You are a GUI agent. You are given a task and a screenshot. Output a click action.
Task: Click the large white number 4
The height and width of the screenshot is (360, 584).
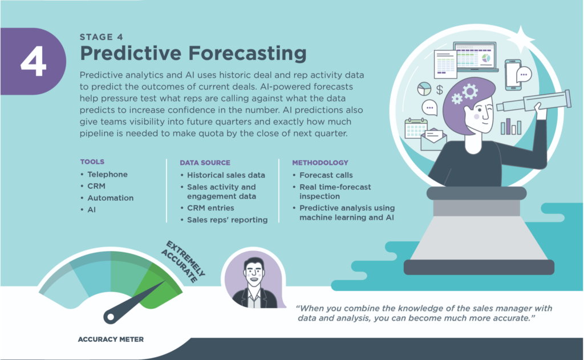(x=33, y=61)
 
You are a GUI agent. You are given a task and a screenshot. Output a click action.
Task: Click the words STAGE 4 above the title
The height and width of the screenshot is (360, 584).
(x=102, y=37)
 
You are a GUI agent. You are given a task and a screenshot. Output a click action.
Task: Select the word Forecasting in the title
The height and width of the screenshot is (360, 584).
(x=248, y=53)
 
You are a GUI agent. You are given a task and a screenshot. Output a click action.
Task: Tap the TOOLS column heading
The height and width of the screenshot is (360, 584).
(x=92, y=161)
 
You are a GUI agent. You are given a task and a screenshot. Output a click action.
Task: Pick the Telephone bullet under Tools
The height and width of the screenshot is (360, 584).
(x=107, y=175)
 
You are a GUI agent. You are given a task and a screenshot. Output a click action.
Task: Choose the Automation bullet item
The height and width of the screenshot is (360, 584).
(x=110, y=198)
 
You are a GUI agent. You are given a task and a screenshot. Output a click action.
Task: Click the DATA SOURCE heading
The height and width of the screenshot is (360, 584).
(x=205, y=163)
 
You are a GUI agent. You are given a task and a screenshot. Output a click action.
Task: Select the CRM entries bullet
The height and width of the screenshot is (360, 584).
(x=210, y=208)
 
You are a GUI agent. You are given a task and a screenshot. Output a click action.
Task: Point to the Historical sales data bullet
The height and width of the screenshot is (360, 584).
(x=226, y=175)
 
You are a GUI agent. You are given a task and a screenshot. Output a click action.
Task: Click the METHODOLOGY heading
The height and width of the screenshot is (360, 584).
(x=320, y=163)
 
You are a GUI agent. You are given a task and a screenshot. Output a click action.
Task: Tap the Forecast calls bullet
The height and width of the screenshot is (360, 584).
(x=326, y=175)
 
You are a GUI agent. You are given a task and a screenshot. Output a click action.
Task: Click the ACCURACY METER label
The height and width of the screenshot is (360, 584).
(x=111, y=339)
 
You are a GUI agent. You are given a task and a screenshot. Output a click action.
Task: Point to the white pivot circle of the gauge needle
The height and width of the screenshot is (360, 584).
(x=110, y=317)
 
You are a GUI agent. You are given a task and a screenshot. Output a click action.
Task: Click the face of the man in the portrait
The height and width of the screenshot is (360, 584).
(x=254, y=273)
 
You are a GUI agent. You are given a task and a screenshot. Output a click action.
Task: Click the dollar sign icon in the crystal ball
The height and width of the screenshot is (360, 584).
(x=440, y=90)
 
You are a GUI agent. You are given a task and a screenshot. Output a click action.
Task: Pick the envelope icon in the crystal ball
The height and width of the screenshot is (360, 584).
(x=433, y=139)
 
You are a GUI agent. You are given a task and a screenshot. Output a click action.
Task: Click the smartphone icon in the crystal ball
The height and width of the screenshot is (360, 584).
(x=513, y=75)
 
